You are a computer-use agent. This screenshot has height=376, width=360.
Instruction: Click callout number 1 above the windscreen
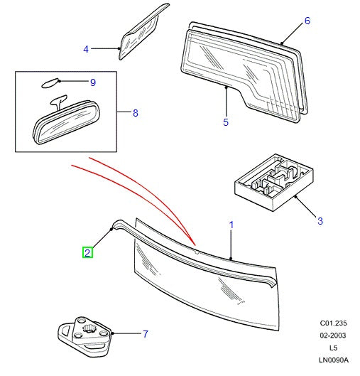click(231, 225)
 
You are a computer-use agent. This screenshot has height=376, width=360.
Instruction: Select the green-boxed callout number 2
click(87, 252)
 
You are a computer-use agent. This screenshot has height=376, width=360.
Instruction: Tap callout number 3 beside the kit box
click(320, 221)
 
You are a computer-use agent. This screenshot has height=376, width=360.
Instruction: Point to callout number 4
click(86, 49)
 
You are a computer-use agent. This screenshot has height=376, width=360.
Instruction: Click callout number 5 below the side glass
click(225, 123)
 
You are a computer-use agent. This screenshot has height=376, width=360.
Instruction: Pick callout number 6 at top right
click(307, 21)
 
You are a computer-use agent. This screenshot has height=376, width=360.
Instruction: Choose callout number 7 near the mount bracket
click(145, 333)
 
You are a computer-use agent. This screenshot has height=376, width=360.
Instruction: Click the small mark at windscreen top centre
click(195, 250)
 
